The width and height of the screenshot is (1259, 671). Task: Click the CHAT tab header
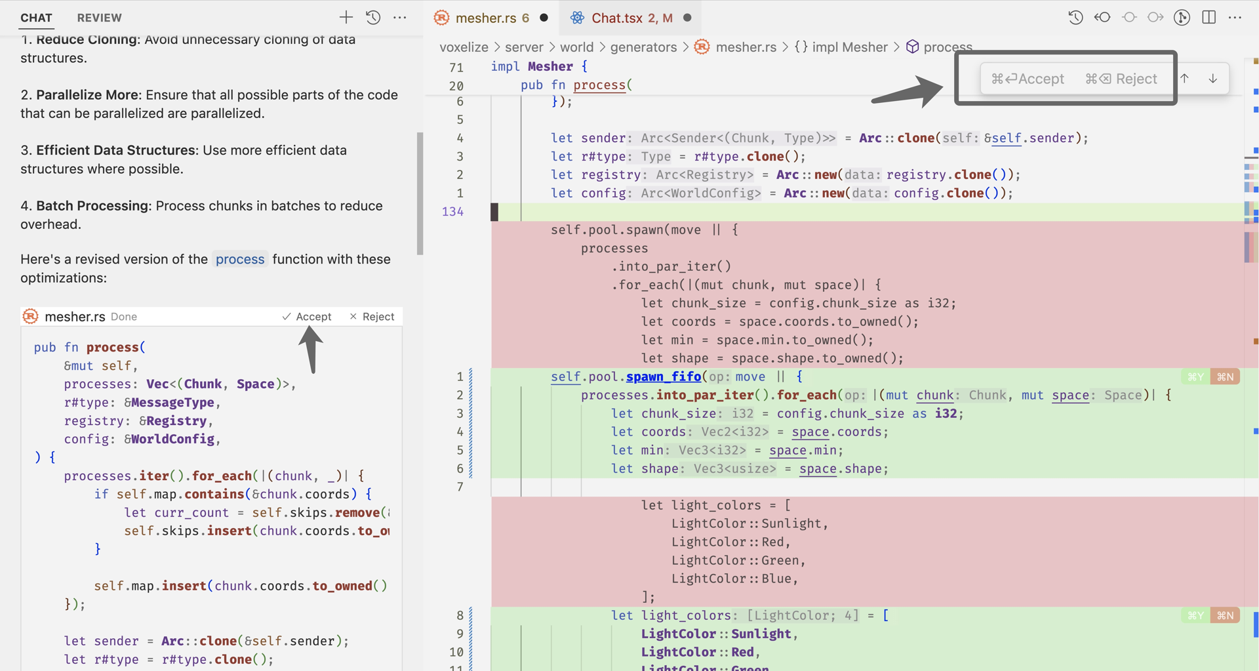(x=36, y=18)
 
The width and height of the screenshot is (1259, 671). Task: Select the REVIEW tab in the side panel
(x=100, y=18)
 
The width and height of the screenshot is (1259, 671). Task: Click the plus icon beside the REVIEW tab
(x=346, y=18)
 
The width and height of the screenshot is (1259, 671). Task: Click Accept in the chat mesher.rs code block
(x=307, y=316)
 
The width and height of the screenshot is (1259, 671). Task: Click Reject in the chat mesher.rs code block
(x=372, y=316)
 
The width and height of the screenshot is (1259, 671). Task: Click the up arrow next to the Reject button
(x=1185, y=78)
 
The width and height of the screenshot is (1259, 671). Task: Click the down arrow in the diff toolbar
(x=1213, y=78)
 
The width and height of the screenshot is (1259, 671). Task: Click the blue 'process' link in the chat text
(x=240, y=259)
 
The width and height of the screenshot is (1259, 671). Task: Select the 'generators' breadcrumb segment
(x=643, y=47)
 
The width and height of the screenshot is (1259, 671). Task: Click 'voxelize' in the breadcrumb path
(x=464, y=47)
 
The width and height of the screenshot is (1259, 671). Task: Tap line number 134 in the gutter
(x=452, y=211)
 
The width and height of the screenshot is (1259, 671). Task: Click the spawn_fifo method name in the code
(x=664, y=376)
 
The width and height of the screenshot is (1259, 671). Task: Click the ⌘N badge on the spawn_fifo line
(x=1225, y=376)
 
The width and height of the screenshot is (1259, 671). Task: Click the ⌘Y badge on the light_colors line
(x=1195, y=615)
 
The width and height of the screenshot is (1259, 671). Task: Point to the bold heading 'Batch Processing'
(x=92, y=205)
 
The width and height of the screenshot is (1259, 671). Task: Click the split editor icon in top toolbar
(x=1209, y=18)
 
